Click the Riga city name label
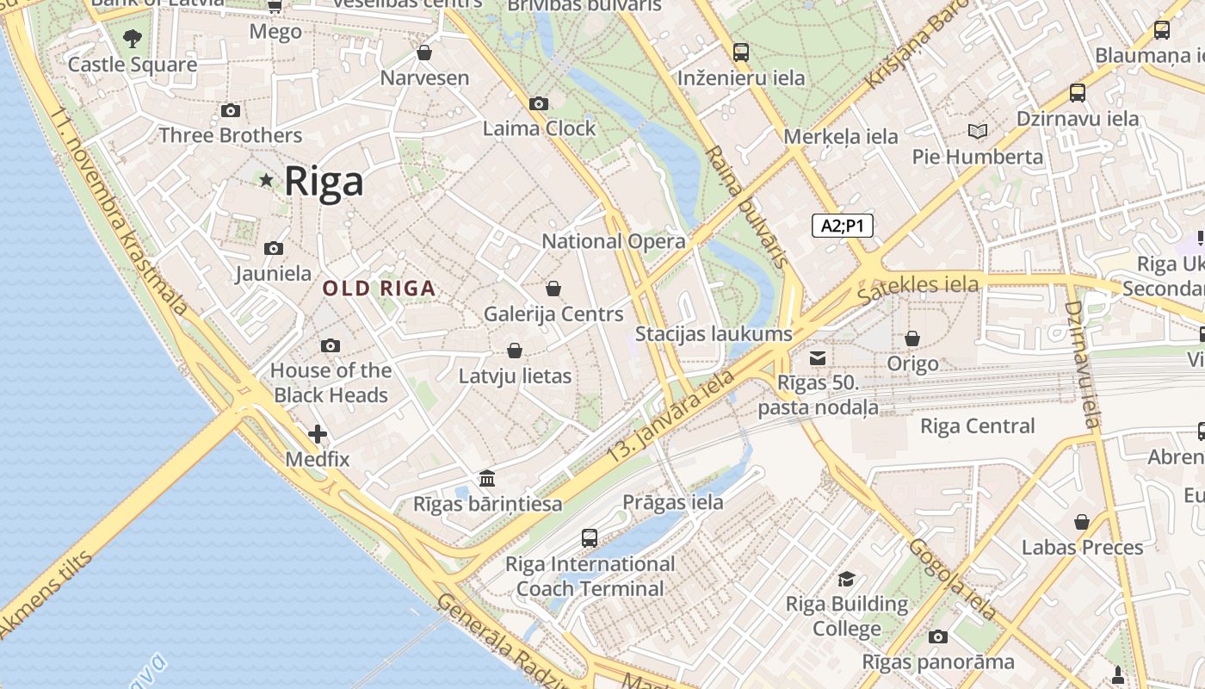(x=324, y=181)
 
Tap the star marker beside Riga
(x=267, y=180)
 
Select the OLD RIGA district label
(x=380, y=289)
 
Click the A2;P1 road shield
(x=843, y=226)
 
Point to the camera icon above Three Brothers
(x=231, y=110)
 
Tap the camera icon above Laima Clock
(x=539, y=103)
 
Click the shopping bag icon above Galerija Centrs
(x=553, y=288)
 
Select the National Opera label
(x=614, y=241)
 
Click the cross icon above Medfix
(x=318, y=433)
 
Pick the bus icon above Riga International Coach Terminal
(x=590, y=538)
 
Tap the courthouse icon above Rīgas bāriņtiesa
(x=487, y=478)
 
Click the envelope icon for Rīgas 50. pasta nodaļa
(x=818, y=357)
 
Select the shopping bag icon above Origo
(x=912, y=338)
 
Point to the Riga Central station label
(x=978, y=425)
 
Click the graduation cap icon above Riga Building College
(x=847, y=579)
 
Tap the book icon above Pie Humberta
(x=978, y=131)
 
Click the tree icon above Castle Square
(x=133, y=38)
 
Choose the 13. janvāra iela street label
(x=670, y=419)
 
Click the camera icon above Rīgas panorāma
(x=938, y=637)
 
